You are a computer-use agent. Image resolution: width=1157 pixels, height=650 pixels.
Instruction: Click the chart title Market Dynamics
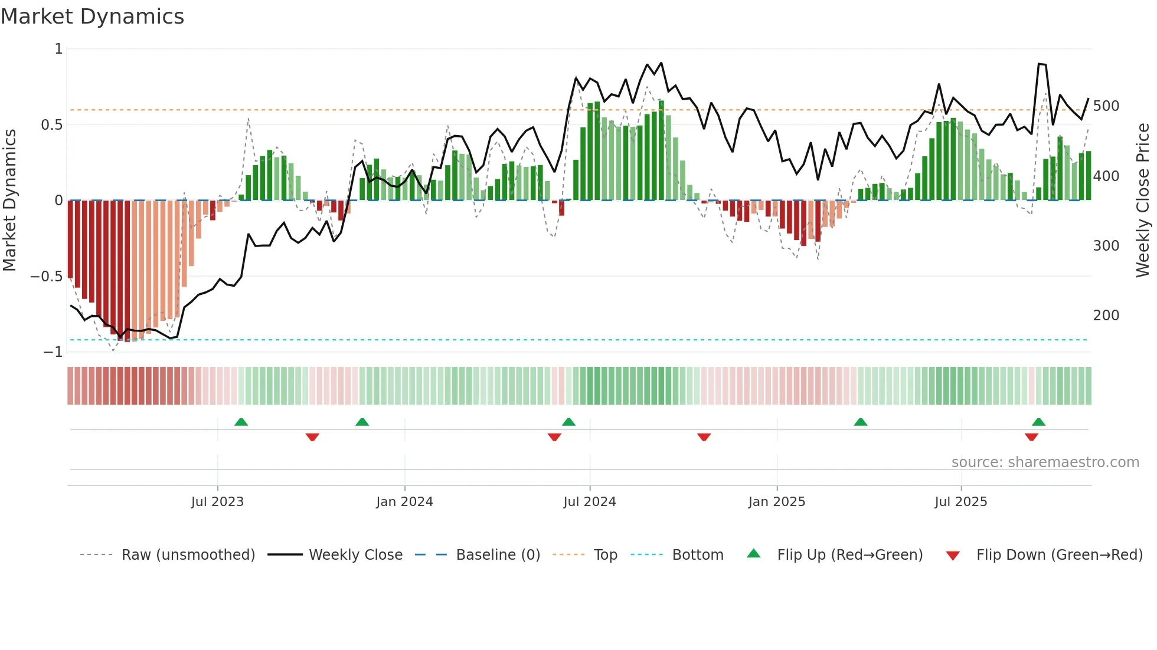pos(93,17)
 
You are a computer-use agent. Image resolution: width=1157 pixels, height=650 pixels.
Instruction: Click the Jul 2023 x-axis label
pos(217,502)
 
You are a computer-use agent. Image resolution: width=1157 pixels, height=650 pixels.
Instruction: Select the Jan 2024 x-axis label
pos(404,502)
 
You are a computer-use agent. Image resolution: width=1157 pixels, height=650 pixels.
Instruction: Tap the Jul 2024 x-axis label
pos(590,502)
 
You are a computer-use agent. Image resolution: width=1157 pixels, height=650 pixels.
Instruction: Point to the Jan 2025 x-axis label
pos(776,502)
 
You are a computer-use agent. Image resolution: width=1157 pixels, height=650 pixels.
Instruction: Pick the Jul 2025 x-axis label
pos(960,502)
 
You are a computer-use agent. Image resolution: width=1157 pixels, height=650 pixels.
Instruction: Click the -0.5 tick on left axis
pos(46,277)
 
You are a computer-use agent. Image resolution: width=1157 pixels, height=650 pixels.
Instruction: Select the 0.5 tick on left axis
pos(51,125)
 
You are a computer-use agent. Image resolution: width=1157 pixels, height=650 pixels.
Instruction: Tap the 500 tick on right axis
pos(1106,106)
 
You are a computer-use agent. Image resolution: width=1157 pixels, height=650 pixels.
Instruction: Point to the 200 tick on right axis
pos(1106,316)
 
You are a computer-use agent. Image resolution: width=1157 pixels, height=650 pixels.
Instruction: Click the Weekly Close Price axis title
pos(1143,201)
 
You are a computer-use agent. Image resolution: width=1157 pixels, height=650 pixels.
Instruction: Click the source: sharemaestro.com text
pos(1045,462)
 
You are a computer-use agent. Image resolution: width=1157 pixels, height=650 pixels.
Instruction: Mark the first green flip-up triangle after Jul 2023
pos(241,422)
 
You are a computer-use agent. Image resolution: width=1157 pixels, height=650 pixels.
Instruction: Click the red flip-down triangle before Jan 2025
pos(704,437)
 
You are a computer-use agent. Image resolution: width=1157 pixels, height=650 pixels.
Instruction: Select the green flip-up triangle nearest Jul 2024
pos(568,422)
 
